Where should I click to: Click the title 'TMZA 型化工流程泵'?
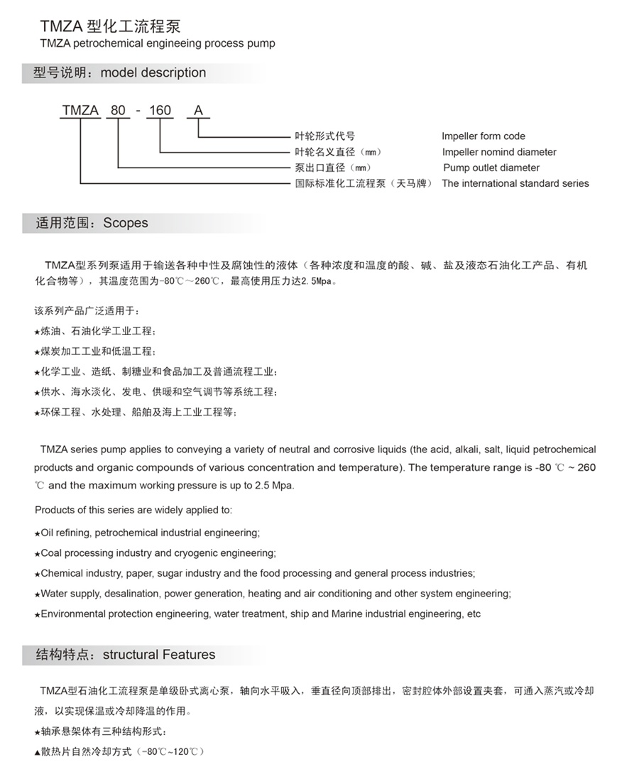[x=110, y=27]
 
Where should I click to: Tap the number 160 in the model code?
[x=160, y=110]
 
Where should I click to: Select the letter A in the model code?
[x=198, y=110]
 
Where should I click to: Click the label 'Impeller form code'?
[x=484, y=136]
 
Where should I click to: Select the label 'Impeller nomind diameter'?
[x=499, y=152]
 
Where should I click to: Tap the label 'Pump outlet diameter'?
[x=491, y=168]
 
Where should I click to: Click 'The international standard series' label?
[x=515, y=183]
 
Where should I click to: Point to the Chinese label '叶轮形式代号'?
[x=324, y=136]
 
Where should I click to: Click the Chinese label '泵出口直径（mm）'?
[x=334, y=168]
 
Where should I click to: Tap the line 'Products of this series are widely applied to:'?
[x=133, y=511]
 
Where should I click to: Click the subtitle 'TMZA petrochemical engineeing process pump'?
[x=158, y=44]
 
